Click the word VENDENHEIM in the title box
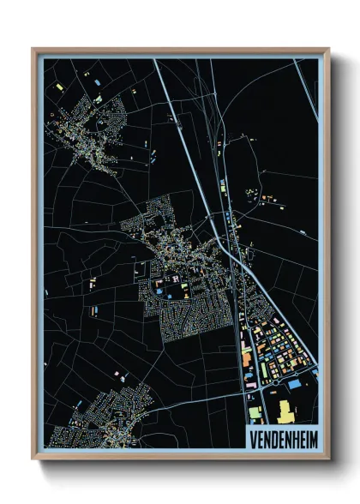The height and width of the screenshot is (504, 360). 281,438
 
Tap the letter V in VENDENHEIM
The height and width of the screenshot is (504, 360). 252,438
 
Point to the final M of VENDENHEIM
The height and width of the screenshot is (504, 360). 310,438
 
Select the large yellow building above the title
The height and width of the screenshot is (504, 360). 285,410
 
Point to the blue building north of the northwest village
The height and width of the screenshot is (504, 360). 96,80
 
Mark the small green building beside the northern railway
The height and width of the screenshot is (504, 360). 222,185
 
